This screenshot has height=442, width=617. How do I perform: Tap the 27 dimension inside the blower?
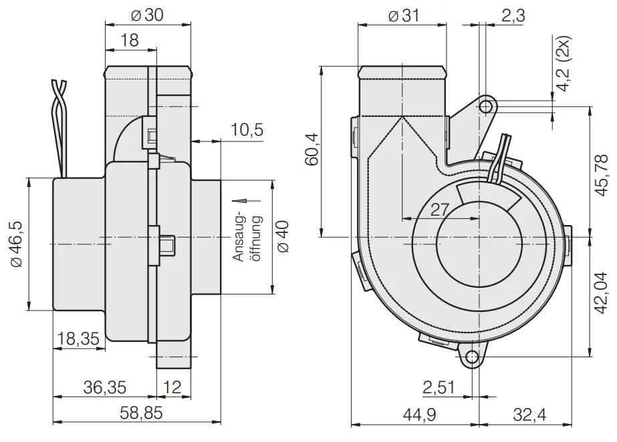pyautogui.click(x=439, y=210)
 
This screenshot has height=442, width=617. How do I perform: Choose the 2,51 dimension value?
pyautogui.click(x=439, y=387)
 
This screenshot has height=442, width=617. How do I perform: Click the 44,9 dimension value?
pyautogui.click(x=418, y=415)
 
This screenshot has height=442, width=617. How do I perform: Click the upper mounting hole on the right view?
pyautogui.click(x=487, y=106)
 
